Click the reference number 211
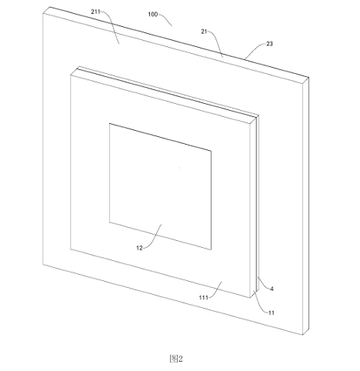(95, 12)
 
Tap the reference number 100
(153, 15)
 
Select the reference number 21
(204, 32)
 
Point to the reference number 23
(269, 44)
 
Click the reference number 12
(139, 248)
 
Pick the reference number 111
(204, 297)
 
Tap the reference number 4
(272, 289)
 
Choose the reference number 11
(272, 313)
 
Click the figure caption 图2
(176, 359)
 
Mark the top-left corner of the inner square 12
(109, 123)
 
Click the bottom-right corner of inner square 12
(212, 249)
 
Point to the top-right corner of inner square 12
(212, 151)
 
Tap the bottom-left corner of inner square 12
(109, 222)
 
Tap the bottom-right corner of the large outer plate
(303, 335)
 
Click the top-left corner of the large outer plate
(43, 13)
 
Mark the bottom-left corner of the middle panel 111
(71, 249)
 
